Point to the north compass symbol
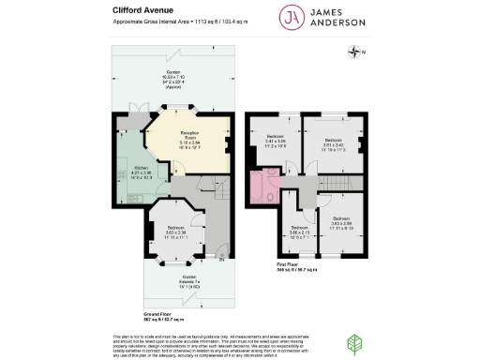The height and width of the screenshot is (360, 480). [354, 53]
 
